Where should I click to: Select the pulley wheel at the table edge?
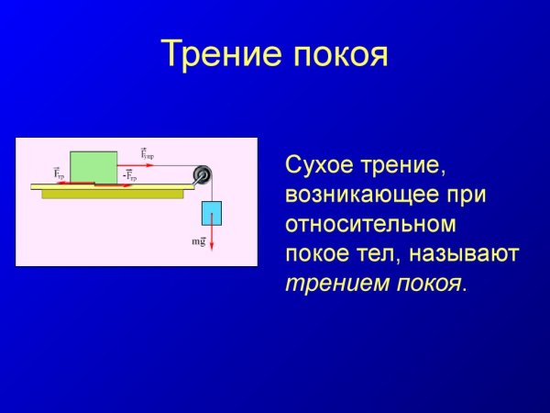tap(202, 176)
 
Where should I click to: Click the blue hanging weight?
tap(212, 212)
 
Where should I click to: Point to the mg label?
tap(197, 240)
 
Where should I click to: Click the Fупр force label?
tap(147, 153)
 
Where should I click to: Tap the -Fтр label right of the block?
tap(129, 175)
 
